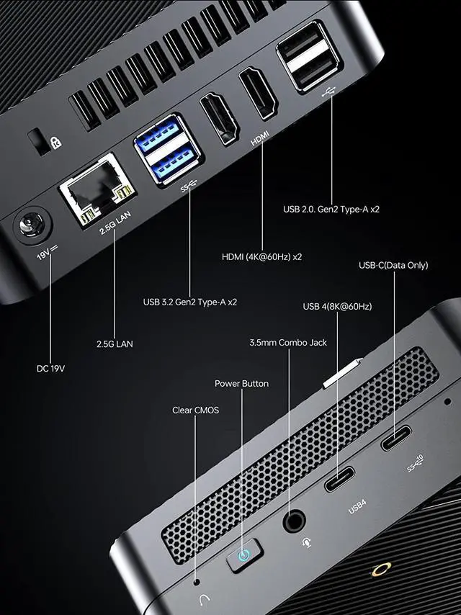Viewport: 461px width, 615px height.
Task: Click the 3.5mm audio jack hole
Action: pyautogui.click(x=294, y=519)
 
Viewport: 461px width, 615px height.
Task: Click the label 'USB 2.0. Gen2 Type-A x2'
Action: pyautogui.click(x=331, y=210)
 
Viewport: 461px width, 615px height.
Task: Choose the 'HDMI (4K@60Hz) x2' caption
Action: pyautogui.click(x=261, y=256)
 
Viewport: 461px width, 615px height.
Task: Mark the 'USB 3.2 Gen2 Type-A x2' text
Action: pyautogui.click(x=190, y=302)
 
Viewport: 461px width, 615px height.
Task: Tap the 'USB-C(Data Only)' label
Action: pyautogui.click(x=393, y=265)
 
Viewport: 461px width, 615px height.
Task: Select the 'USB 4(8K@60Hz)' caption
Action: pyautogui.click(x=337, y=307)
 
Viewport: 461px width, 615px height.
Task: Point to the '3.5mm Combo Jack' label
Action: pyautogui.click(x=288, y=342)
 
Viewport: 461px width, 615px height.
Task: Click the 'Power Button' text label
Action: pyautogui.click(x=241, y=383)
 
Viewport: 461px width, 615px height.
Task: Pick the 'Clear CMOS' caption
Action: pyautogui.click(x=195, y=410)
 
